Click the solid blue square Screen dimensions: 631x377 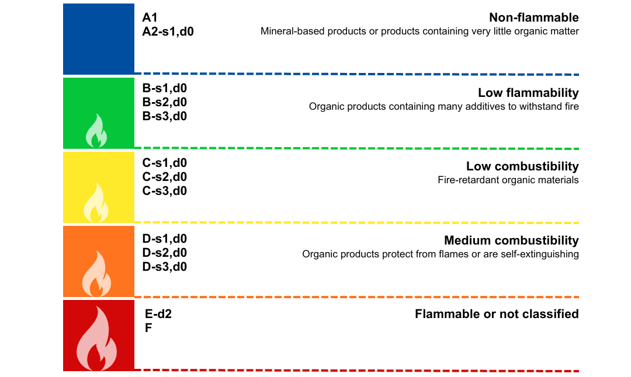pyautogui.click(x=99, y=39)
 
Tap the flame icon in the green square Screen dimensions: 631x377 pyautogui.click(x=96, y=131)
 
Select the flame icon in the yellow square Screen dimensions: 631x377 pyautogui.click(x=96, y=203)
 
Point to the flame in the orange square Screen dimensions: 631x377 pyautogui.click(x=96, y=274)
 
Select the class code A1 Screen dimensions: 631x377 pyautogui.click(x=150, y=18)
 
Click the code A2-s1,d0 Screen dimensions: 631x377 pyautogui.click(x=168, y=32)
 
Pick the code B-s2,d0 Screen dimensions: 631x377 pyautogui.click(x=165, y=102)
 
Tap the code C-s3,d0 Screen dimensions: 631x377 pyautogui.click(x=165, y=190)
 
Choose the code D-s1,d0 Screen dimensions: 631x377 pyautogui.click(x=165, y=239)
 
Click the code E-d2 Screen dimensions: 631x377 pyautogui.click(x=158, y=314)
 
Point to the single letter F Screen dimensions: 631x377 pyautogui.click(x=148, y=328)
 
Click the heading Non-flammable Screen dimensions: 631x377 pyautogui.click(x=533, y=18)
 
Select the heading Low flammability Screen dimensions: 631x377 pyautogui.click(x=528, y=93)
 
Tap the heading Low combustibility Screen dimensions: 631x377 pyautogui.click(x=522, y=166)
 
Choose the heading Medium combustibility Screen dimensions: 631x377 pyautogui.click(x=511, y=240)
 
